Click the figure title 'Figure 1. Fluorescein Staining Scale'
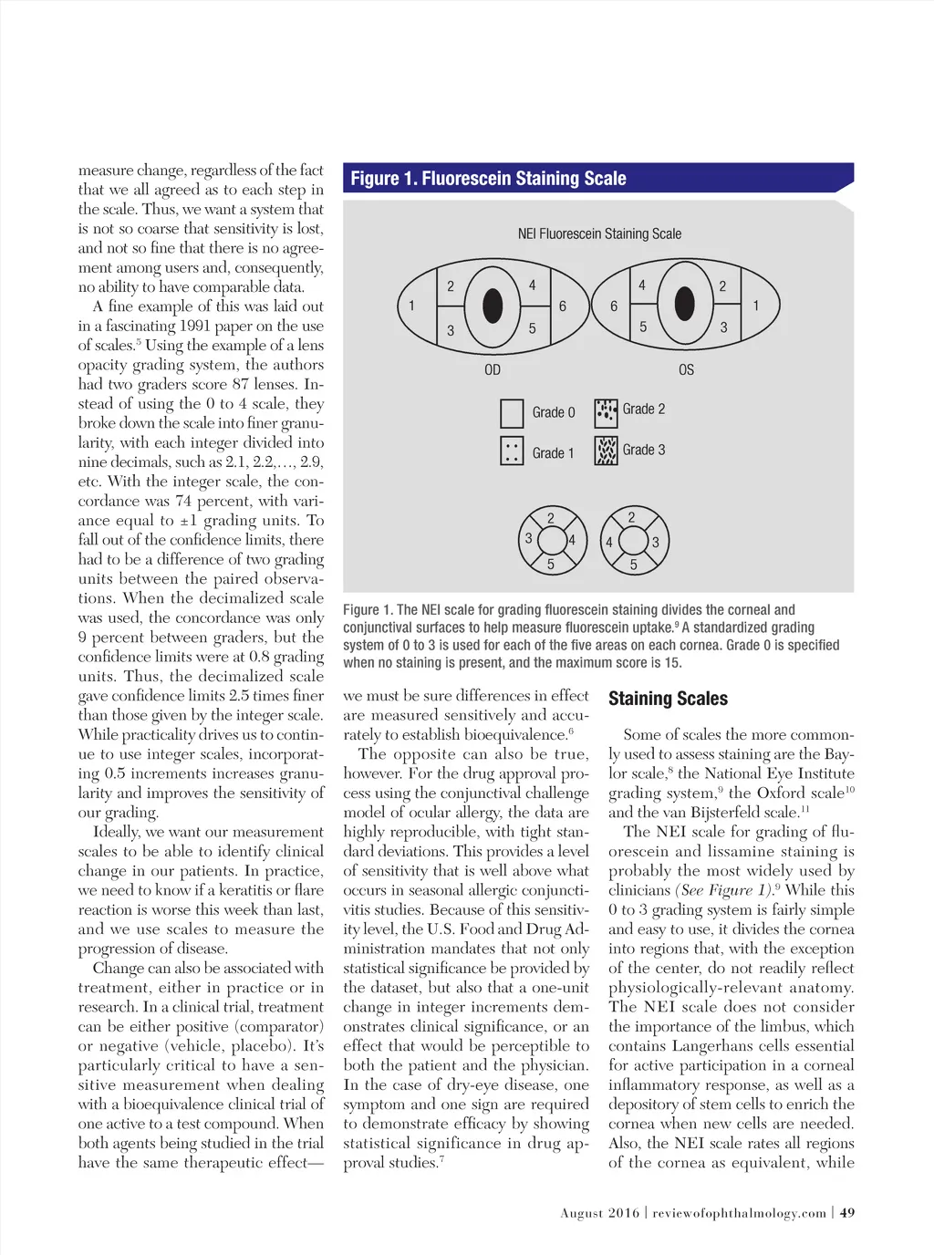point(488,179)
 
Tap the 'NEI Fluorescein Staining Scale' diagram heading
point(599,233)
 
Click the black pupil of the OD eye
point(493,306)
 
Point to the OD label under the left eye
point(493,369)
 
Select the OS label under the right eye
point(686,369)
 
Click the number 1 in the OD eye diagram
point(411,306)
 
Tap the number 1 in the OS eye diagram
point(755,306)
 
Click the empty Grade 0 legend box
point(512,413)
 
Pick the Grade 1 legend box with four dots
point(512,451)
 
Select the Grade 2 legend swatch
point(606,413)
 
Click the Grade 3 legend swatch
point(606,451)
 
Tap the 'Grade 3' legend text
point(644,450)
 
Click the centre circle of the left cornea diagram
point(551,540)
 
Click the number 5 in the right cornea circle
point(634,565)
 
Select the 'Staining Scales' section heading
point(668,699)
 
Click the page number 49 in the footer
point(847,1213)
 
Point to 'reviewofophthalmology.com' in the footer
point(739,1213)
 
